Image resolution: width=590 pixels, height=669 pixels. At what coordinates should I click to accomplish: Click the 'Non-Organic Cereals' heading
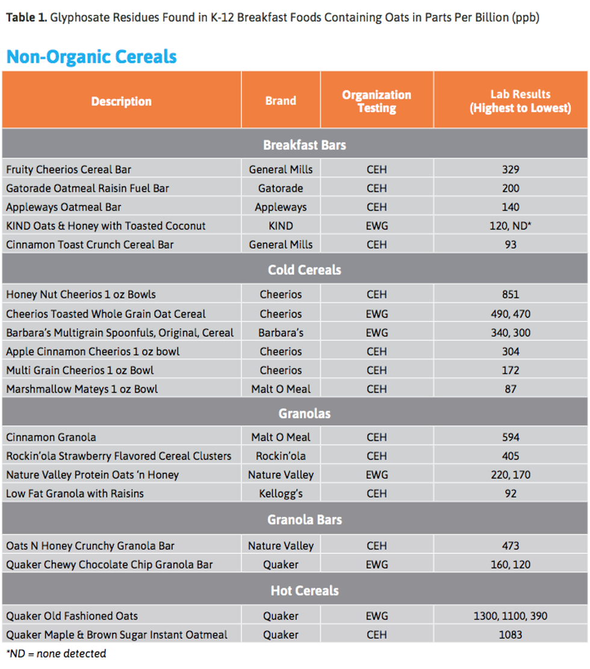[92, 57]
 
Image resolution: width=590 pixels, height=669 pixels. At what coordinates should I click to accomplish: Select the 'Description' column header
[121, 101]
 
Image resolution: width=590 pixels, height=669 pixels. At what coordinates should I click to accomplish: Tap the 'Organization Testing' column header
[376, 101]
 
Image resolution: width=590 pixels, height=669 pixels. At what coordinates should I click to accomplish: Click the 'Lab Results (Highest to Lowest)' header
[511, 101]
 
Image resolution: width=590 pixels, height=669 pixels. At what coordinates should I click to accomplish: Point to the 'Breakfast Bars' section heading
[304, 145]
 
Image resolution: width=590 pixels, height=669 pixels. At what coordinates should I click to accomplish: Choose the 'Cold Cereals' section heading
[304, 270]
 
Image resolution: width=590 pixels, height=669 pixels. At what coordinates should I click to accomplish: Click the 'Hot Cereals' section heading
[304, 591]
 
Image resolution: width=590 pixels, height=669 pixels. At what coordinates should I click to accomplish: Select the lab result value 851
[511, 294]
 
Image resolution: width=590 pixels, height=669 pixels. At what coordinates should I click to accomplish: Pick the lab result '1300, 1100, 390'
[511, 616]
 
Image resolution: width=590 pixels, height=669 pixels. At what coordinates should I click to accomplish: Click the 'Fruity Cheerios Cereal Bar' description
[69, 170]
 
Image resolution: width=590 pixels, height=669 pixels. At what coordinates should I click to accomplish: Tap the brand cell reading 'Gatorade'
[281, 188]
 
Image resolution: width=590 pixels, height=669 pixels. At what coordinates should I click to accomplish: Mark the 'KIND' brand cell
[281, 226]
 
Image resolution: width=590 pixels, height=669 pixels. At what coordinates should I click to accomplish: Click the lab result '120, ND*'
[511, 226]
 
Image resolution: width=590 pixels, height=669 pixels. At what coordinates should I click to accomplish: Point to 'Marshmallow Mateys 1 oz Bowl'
[82, 389]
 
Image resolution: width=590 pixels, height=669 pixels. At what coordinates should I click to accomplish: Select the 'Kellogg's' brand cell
[281, 493]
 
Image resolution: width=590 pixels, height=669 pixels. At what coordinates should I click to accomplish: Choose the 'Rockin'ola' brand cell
[281, 456]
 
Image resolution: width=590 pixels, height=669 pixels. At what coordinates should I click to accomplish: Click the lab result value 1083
[511, 635]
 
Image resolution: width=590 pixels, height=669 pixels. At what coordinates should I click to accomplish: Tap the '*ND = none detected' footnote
[56, 653]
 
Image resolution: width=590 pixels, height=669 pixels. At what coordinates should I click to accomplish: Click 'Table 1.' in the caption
[26, 17]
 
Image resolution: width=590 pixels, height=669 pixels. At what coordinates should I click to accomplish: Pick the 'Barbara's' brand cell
[281, 332]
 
